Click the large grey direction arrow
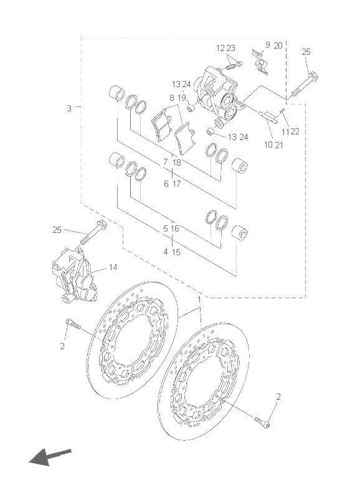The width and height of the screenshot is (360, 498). pyautogui.click(x=50, y=456)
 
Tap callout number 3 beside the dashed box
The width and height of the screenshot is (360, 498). pyautogui.click(x=69, y=108)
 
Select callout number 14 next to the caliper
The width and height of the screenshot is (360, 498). pyautogui.click(x=113, y=268)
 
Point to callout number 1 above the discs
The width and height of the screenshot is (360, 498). pyautogui.click(x=199, y=299)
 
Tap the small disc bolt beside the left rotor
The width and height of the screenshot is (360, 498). pyautogui.click(x=73, y=324)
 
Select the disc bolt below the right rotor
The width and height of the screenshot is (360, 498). pyautogui.click(x=262, y=422)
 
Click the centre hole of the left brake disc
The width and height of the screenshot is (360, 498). pyautogui.click(x=133, y=340)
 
